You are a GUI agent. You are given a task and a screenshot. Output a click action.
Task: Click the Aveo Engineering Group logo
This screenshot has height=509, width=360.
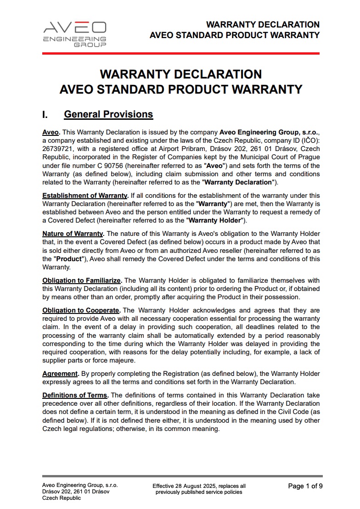click(74, 34)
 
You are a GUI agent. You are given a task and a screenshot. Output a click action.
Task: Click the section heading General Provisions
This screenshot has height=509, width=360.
click(108, 114)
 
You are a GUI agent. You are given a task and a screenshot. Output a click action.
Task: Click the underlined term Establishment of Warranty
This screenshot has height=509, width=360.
click(84, 196)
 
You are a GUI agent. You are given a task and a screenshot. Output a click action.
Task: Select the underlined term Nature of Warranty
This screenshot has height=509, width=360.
click(73, 233)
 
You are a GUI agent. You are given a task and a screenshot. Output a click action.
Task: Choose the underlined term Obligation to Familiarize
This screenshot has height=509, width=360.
click(82, 280)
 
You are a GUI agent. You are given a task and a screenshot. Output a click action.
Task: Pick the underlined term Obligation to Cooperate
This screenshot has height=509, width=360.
click(81, 310)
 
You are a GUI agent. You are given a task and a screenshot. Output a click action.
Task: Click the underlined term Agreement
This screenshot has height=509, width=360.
click(59, 374)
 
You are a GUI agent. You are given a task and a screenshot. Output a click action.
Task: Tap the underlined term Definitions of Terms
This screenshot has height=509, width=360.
click(75, 395)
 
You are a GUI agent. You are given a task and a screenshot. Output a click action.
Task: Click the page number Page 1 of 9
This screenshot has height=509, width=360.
click(305, 486)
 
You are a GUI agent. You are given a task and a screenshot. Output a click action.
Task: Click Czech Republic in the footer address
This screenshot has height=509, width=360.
click(62, 498)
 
